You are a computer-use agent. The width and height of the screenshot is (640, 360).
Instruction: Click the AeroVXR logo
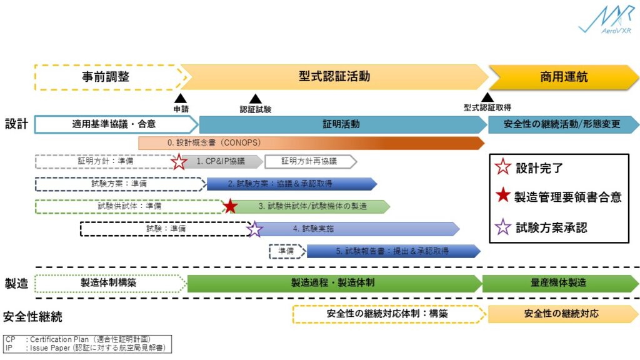[x=604, y=20]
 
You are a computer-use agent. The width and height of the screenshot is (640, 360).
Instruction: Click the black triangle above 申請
[x=181, y=98]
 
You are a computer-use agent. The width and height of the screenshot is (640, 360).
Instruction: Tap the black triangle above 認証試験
[x=255, y=98]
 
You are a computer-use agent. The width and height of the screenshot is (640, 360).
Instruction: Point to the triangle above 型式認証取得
[x=487, y=97]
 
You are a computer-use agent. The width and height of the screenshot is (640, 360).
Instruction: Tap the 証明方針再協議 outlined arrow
[x=309, y=162]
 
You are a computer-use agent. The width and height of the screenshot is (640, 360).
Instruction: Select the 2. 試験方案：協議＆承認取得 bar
[x=291, y=184]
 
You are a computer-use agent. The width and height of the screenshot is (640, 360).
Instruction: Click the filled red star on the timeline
[x=230, y=206]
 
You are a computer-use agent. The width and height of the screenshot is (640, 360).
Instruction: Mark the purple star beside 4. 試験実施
[x=254, y=229]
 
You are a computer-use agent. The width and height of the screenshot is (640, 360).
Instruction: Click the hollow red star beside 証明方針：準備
[x=179, y=162]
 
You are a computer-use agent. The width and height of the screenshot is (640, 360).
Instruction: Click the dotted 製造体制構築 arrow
[x=110, y=283]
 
